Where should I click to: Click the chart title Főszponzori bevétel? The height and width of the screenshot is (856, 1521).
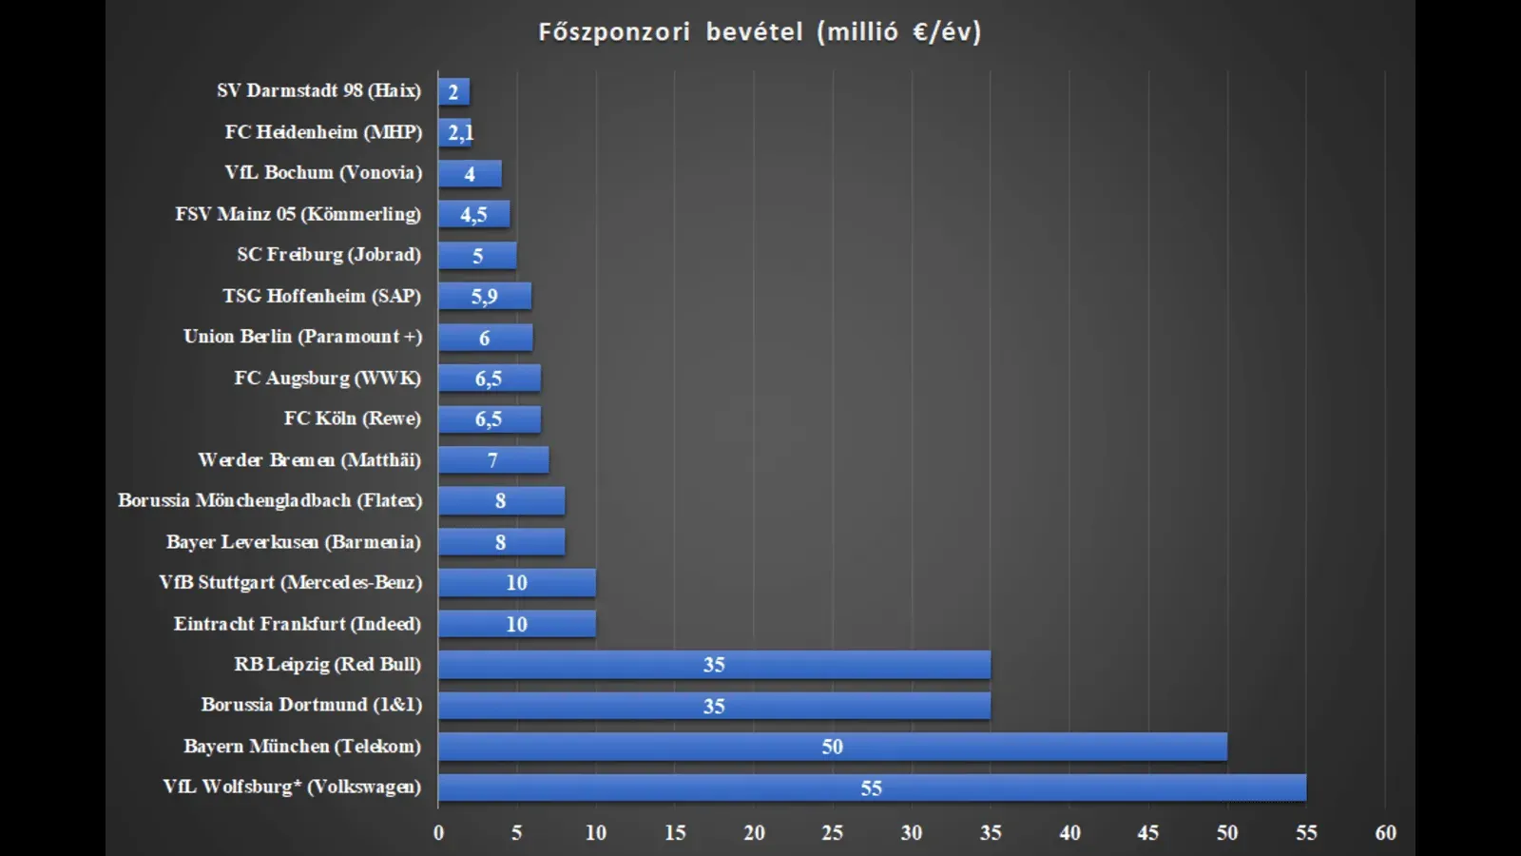[x=759, y=32]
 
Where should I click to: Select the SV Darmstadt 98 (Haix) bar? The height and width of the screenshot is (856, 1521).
[x=454, y=92]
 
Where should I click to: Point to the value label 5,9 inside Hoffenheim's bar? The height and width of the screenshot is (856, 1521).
[x=484, y=297]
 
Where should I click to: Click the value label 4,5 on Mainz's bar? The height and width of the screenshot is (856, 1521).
[x=473, y=215]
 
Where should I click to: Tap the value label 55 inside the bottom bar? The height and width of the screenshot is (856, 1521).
[x=871, y=788]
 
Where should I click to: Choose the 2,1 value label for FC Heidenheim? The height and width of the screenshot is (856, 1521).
[x=460, y=133]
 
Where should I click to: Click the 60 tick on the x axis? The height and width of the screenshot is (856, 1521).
[x=1385, y=833]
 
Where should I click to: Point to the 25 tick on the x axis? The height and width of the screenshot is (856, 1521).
[x=832, y=833]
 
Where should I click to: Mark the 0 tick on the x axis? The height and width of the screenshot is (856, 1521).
[x=438, y=833]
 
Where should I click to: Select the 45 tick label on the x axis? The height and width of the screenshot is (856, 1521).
[x=1147, y=833]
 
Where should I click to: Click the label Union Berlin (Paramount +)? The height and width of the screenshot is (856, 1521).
[x=302, y=337]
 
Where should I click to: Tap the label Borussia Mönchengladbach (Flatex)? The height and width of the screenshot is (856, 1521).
[x=270, y=500]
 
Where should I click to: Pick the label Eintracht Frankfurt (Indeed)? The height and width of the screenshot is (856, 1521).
[x=297, y=624]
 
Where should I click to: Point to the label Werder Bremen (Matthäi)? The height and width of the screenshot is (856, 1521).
[x=309, y=460]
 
